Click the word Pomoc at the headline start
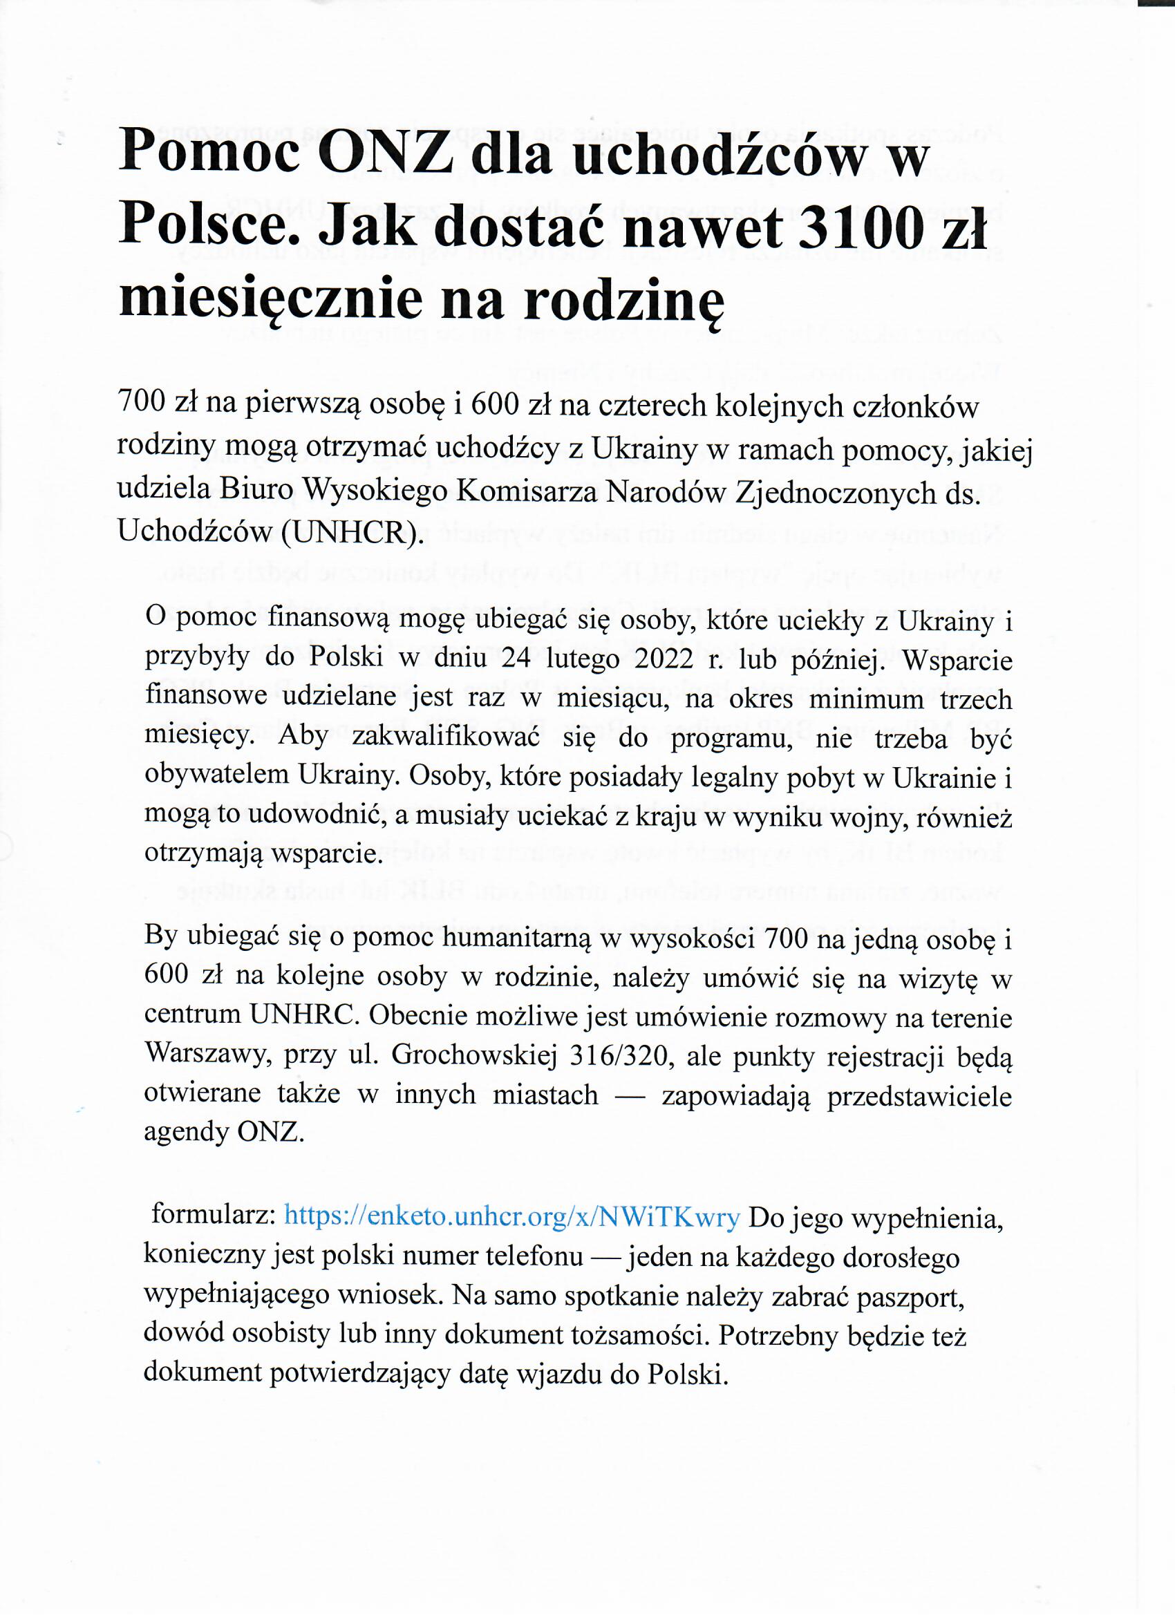(x=209, y=153)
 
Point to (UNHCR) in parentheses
(x=349, y=532)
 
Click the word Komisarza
(x=525, y=491)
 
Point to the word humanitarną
(x=517, y=939)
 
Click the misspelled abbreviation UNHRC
(x=302, y=1016)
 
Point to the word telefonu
(x=534, y=1255)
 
